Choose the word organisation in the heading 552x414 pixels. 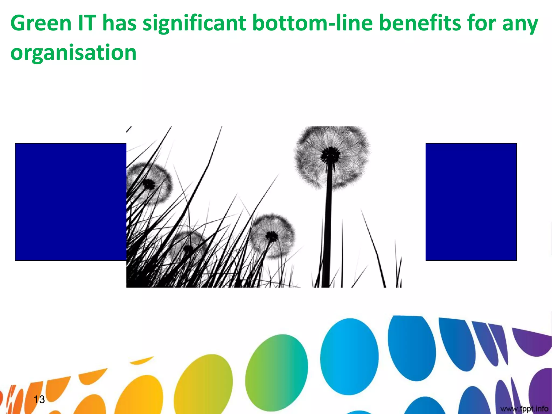(x=73, y=52)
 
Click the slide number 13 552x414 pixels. (x=39, y=399)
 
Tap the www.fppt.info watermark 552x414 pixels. (x=524, y=409)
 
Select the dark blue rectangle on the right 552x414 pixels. (x=471, y=202)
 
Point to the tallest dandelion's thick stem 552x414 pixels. (x=328, y=229)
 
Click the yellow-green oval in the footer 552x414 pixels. (x=203, y=385)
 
